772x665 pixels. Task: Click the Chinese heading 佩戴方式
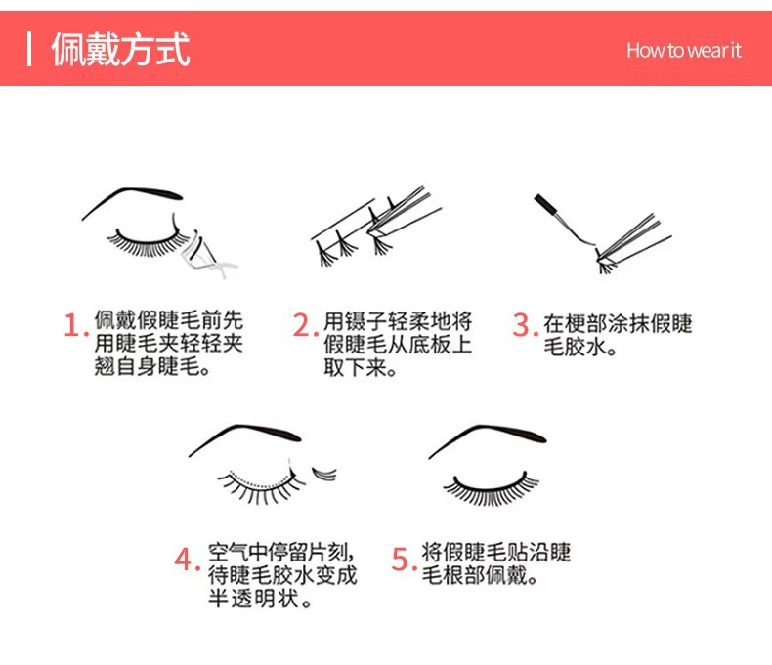coord(120,49)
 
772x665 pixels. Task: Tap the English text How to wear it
coord(684,50)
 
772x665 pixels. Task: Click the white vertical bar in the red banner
coord(29,49)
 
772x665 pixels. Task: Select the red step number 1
coord(75,325)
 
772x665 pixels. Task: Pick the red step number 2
coord(305,325)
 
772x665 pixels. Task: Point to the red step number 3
coord(525,325)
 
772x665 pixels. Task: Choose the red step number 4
coord(187,560)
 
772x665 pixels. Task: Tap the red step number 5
coord(404,560)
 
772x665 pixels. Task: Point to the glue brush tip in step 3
coord(544,203)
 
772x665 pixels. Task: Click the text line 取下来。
coord(361,367)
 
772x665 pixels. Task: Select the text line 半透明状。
coord(260,599)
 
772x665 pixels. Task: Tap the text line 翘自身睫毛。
coord(153,366)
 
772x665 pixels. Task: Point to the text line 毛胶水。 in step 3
coord(580,347)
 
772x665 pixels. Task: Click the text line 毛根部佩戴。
coord(480,575)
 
